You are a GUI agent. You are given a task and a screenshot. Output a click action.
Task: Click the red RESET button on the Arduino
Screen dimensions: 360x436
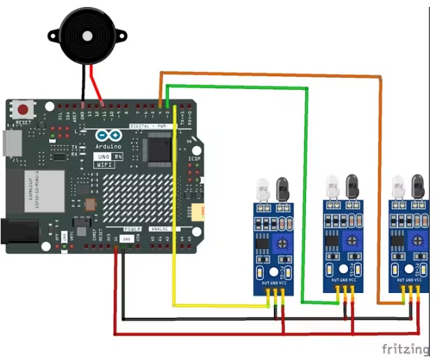click(25, 110)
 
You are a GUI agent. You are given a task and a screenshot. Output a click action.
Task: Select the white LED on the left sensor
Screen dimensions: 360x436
click(263, 188)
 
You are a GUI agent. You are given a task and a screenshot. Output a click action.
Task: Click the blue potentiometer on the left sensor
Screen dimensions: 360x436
click(284, 243)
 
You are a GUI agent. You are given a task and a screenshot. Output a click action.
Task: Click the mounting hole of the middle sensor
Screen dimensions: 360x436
click(343, 268)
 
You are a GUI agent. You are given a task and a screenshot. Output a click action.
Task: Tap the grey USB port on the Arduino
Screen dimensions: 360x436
click(10, 143)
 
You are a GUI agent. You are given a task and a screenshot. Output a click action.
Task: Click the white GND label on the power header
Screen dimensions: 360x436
click(126, 238)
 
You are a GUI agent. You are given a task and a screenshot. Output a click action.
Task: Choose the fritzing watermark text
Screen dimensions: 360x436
click(405, 348)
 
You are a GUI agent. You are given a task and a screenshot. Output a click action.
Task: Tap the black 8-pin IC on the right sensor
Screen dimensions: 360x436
click(399, 242)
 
